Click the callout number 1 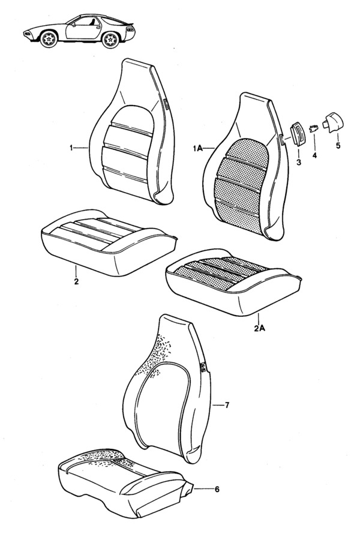71,148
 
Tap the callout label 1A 198,148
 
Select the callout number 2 76,281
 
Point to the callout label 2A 260,328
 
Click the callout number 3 298,162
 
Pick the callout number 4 314,155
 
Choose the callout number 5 338,146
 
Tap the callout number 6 217,489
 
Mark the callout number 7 227,406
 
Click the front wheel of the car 49,39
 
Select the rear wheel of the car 111,40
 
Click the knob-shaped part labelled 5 333,122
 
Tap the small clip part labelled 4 313,129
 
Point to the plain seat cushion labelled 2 109,242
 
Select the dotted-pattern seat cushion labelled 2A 233,282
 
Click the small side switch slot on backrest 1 167,104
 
